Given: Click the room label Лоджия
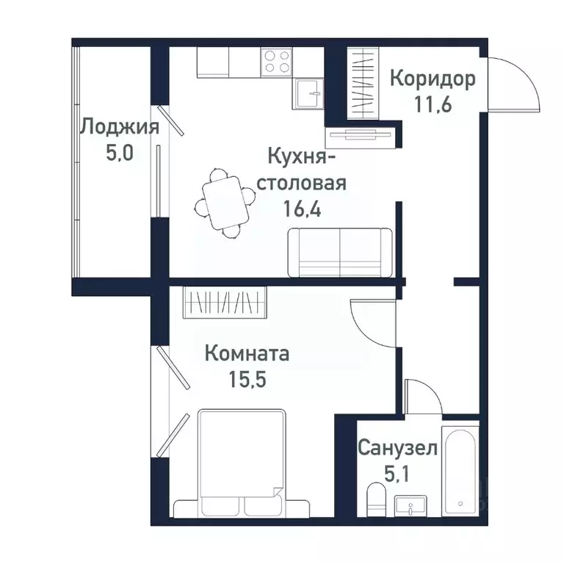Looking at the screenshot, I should tap(119, 127).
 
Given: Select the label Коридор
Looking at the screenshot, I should tap(433, 78).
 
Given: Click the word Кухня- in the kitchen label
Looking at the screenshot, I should tap(302, 156).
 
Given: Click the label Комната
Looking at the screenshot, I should tap(246, 354).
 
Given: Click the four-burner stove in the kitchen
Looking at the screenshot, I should tap(276, 62).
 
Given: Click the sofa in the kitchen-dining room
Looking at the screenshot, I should tap(340, 252).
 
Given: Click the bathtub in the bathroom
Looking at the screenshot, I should tap(460, 469).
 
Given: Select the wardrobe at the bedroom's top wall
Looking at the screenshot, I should tap(224, 303).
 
